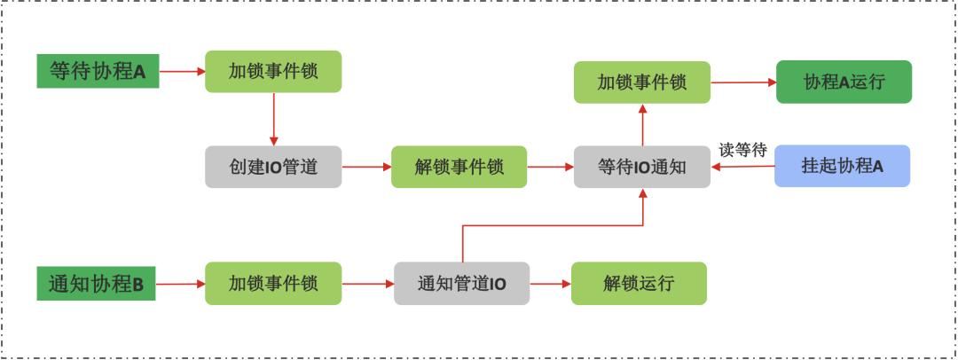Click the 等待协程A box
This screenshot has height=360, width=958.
coord(98,71)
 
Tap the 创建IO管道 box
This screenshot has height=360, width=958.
coord(273,167)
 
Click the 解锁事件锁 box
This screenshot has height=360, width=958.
coord(459,167)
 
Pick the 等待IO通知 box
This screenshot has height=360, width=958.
coord(642,167)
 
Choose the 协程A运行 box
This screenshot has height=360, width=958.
coord(844,82)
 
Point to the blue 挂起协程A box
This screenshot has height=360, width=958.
coord(843,166)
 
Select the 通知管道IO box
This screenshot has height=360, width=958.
coord(461,284)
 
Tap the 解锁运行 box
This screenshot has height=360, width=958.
coord(639,284)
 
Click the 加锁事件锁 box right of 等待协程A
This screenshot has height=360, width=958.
coord(273,71)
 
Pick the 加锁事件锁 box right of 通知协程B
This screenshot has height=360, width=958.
coord(273,284)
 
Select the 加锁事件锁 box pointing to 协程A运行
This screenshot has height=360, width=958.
coord(642,82)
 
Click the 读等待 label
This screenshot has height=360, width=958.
coord(743,150)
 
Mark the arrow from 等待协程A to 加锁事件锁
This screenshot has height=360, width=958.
coord(182,71)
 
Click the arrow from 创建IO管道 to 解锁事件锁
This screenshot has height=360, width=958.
coord(366,167)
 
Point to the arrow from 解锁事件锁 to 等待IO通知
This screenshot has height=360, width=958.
coord(550,167)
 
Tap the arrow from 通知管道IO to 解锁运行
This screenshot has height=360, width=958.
coord(550,284)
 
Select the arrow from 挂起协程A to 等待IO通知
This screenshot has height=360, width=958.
coord(743,166)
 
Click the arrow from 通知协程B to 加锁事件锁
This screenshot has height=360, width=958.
coord(180,284)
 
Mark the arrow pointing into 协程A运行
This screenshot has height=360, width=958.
coord(743,82)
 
